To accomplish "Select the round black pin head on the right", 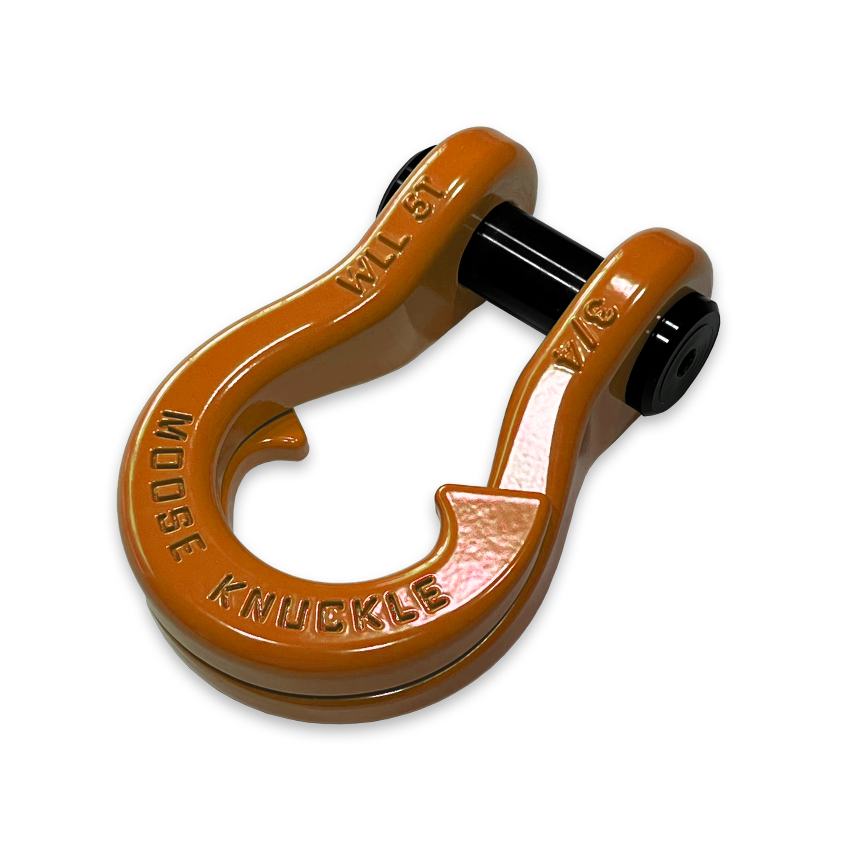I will [679, 361].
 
